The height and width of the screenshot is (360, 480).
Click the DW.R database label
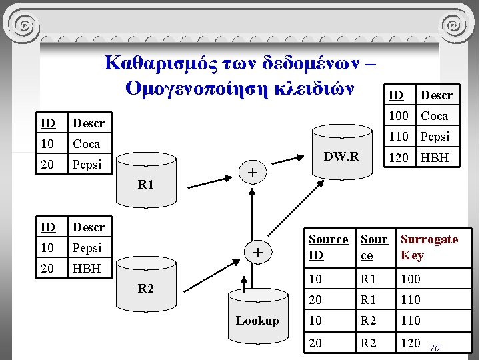[341, 157]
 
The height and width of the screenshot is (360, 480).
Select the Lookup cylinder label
[257, 321]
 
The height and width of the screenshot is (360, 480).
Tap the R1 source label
[145, 185]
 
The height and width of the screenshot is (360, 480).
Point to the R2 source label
[145, 289]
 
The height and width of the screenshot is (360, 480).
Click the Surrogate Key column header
[429, 247]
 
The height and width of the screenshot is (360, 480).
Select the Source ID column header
[328, 247]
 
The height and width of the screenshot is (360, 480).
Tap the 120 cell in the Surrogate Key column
[410, 343]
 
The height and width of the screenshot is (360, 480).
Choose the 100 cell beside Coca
[399, 116]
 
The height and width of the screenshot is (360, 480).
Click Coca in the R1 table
[86, 144]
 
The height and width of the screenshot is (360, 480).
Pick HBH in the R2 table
[86, 268]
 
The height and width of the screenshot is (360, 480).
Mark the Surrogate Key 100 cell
[410, 279]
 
